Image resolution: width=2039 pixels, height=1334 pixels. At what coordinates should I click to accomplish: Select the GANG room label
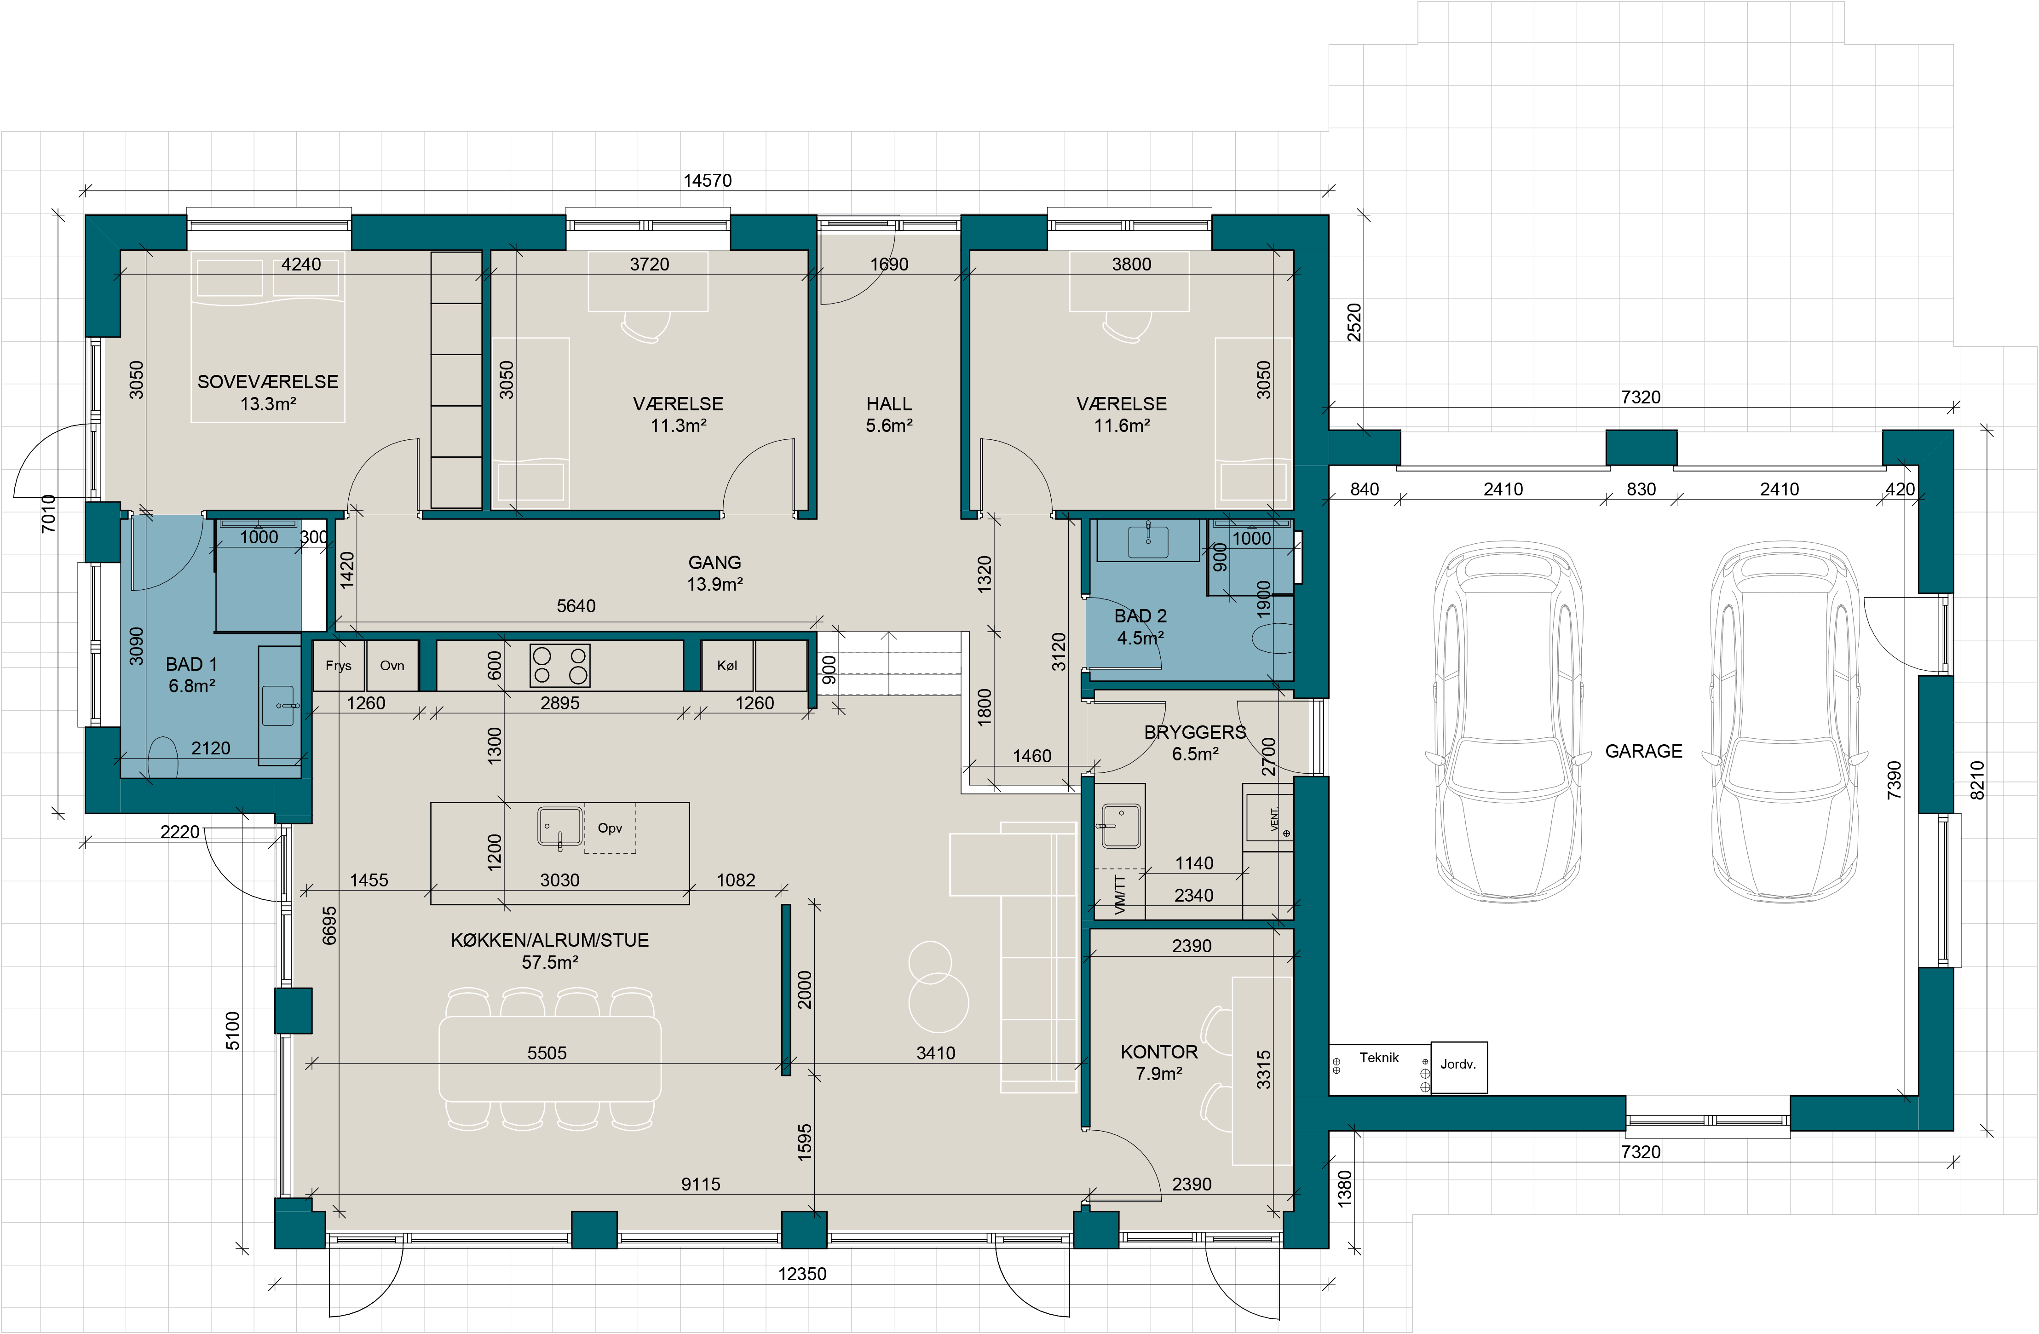coord(714,563)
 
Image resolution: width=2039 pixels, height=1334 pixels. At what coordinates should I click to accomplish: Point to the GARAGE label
coord(1643,751)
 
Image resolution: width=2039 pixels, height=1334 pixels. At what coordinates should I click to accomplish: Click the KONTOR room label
coord(1159,1052)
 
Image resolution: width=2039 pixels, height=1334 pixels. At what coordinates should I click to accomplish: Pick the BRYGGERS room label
coord(1195,732)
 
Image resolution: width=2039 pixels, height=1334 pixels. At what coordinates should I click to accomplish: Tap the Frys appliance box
coord(339,665)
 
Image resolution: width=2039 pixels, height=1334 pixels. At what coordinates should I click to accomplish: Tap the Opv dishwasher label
coord(610,828)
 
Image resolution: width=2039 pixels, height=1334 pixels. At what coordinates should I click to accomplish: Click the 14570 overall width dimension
coord(708,181)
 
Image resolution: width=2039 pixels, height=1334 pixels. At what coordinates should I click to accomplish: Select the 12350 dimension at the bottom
coord(802,1274)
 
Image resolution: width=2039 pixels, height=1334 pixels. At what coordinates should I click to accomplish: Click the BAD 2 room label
coord(1140,616)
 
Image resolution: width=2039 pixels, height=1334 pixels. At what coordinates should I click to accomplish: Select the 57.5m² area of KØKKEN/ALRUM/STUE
coord(550,962)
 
